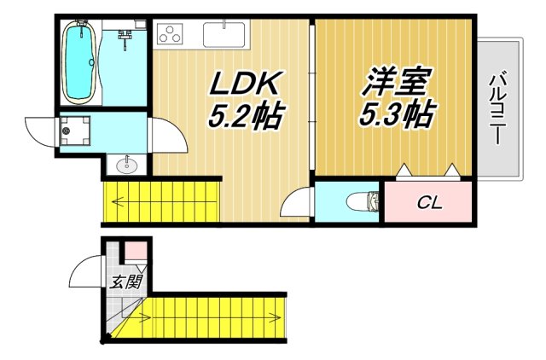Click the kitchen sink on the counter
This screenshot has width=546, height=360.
point(224,34)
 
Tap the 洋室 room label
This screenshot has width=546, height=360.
point(394,84)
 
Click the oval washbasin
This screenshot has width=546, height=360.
point(129,163)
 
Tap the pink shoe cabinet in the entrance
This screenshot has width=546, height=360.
point(136,252)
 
